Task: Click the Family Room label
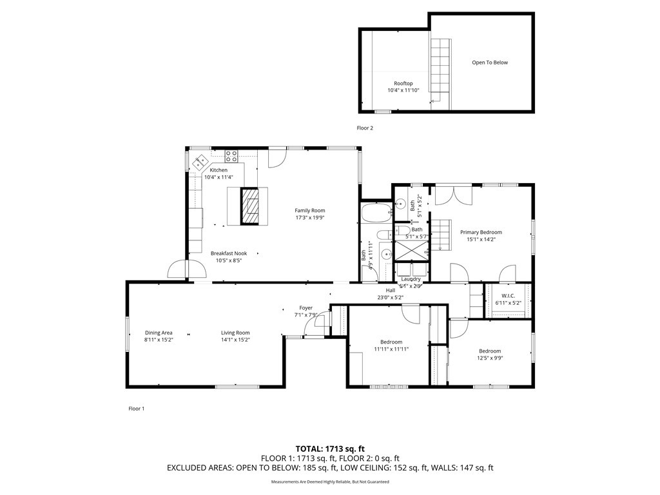[309, 211]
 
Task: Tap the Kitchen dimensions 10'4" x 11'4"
[218, 177]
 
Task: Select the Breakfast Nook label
[229, 253]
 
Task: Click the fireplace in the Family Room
[253, 206]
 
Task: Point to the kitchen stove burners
[231, 155]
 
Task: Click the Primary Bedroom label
[481, 232]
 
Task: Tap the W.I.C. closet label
[508, 296]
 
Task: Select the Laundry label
[411, 279]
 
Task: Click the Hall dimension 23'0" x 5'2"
[389, 297]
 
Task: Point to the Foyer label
[306, 308]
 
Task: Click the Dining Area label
[159, 333]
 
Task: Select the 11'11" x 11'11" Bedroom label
[391, 349]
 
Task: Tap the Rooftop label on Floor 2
[403, 84]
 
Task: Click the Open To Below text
[490, 63]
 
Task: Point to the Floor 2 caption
[365, 128]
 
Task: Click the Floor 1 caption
[136, 409]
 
